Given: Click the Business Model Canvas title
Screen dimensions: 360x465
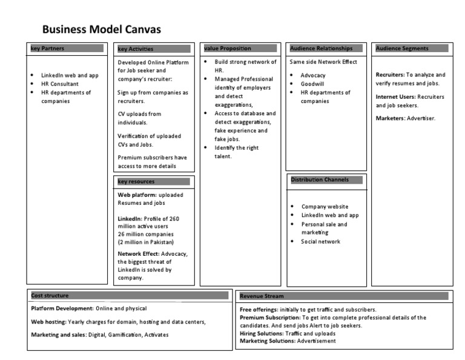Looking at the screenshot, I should point(101,29).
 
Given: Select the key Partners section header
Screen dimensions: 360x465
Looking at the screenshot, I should point(47,48).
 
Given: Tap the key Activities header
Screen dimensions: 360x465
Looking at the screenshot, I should point(136,48).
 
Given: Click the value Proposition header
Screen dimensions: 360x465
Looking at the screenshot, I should point(227,48).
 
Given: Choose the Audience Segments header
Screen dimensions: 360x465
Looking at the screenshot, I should point(402,48).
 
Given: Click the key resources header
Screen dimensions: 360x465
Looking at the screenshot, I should point(136,181).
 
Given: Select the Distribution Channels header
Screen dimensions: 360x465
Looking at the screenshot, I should point(319,179).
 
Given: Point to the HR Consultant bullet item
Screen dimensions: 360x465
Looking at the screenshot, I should point(60,84).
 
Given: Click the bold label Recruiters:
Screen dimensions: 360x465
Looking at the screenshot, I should point(390,75).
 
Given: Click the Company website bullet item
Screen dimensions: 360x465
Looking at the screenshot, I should point(325,206).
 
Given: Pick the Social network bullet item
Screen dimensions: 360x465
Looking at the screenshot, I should point(321,241).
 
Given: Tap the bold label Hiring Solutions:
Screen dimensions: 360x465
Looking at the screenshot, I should point(262,333).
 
